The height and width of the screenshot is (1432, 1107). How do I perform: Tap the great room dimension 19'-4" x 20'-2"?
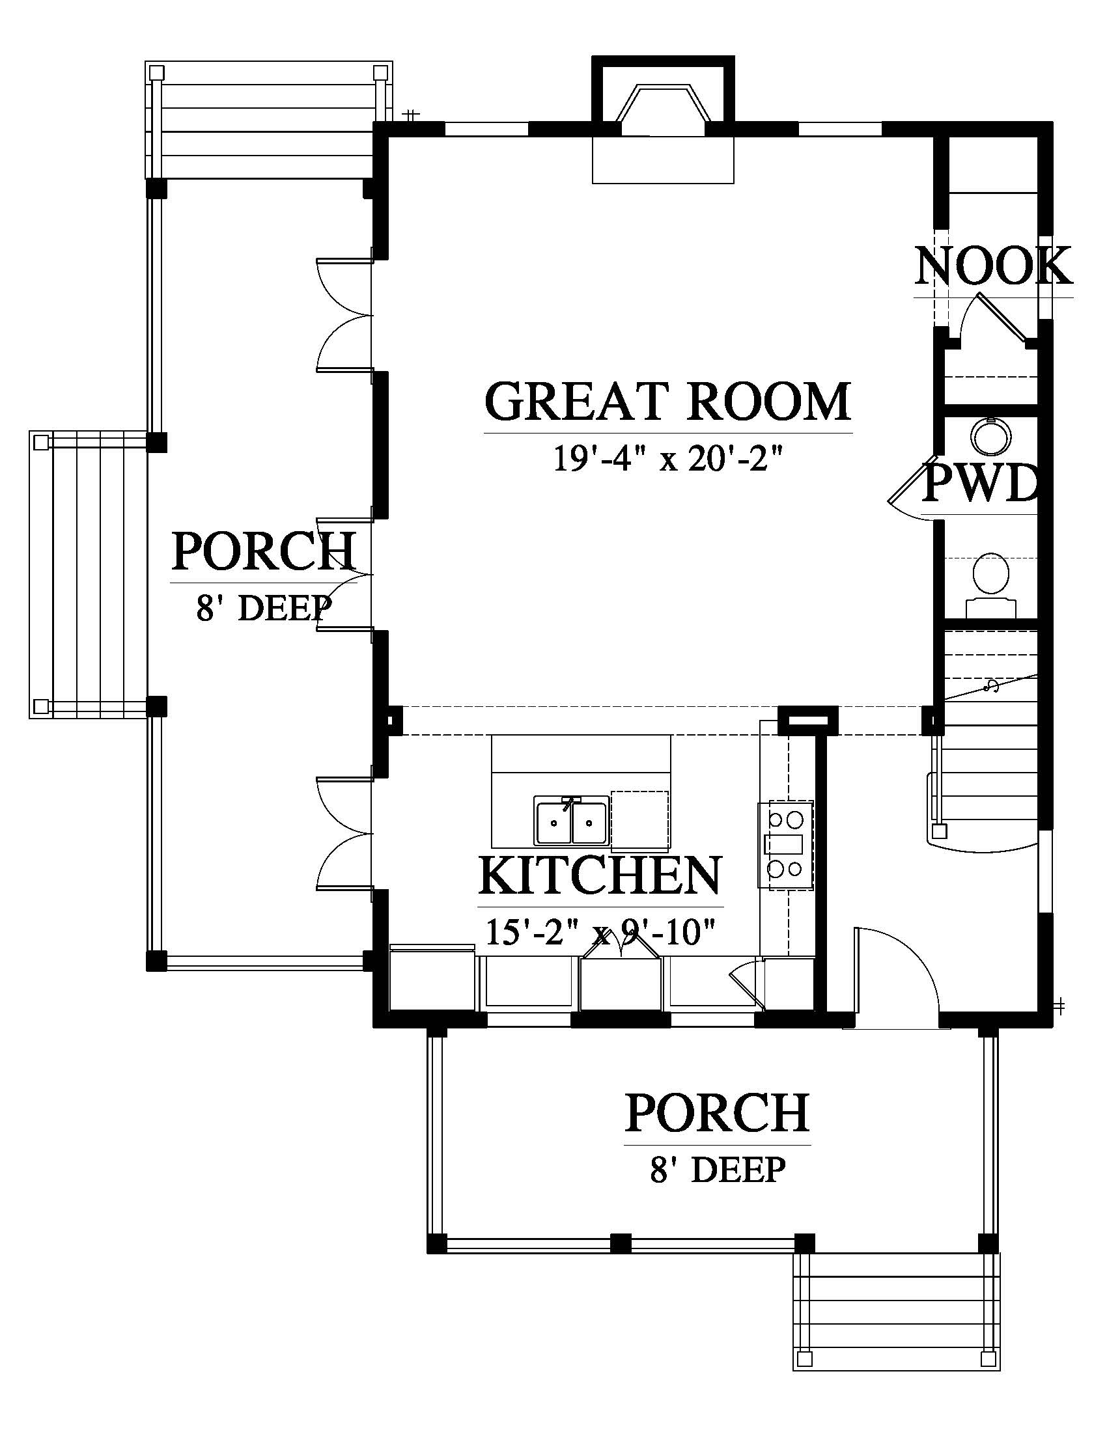pos(669,458)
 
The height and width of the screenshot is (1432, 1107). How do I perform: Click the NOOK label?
pos(994,266)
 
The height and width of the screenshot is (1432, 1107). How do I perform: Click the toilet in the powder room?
pos(991,585)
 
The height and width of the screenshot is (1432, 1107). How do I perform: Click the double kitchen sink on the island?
pos(570,820)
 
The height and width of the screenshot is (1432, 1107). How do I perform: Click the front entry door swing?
pos(897,972)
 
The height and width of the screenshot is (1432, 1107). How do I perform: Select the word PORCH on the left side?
pos(264,551)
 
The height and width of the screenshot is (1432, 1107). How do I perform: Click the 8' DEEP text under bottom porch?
pos(718,1170)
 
